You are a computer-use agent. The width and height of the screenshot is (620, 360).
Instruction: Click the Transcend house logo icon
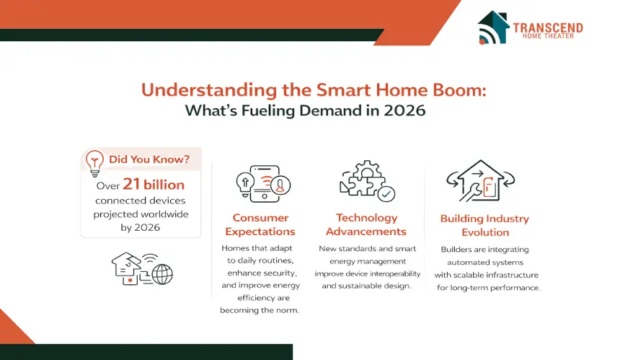[x=493, y=27]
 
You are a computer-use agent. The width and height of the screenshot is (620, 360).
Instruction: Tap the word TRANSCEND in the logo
[x=548, y=27]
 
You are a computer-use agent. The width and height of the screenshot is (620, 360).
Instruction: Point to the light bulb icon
[x=94, y=163]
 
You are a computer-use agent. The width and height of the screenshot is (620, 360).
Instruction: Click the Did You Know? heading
[x=149, y=159]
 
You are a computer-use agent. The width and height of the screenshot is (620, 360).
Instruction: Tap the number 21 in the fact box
[x=131, y=184]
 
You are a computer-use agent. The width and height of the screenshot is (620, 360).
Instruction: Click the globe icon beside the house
[x=162, y=273]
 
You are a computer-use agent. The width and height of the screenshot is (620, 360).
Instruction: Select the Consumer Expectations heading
[x=260, y=224]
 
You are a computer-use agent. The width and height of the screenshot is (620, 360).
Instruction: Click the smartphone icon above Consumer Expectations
[x=263, y=183]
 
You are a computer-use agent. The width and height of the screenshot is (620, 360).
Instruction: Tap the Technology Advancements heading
[x=366, y=224]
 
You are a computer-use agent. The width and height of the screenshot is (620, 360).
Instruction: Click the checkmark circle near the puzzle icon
[x=386, y=194]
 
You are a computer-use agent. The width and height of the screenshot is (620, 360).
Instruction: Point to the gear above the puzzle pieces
[x=368, y=170]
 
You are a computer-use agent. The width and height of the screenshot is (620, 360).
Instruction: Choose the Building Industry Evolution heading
[x=484, y=226]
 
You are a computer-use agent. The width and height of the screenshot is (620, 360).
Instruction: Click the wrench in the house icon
[x=471, y=193]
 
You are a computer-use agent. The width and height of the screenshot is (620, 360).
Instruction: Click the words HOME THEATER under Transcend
[x=548, y=36]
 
